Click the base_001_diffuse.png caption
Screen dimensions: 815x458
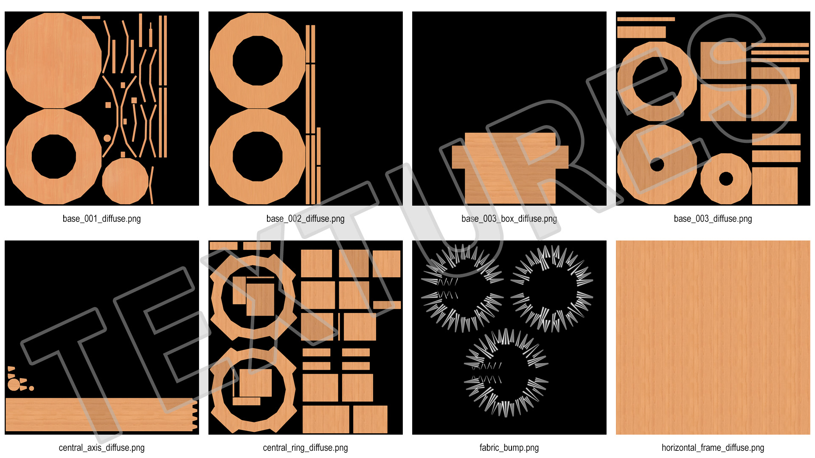102,219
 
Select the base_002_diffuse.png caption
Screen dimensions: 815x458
306,219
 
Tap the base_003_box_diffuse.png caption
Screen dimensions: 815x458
509,219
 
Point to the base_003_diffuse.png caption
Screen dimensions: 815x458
713,219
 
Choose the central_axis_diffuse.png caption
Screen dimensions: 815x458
102,448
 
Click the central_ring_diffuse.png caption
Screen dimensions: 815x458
306,448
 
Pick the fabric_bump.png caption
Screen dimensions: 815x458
509,448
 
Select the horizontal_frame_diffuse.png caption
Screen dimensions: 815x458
713,448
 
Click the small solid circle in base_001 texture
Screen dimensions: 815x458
107,138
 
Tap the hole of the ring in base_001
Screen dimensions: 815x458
54,156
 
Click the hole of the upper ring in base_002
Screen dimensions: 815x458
258,61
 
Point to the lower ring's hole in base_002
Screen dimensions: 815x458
258,156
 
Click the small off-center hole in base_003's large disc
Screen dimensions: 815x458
657,164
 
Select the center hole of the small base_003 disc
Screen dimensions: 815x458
726,179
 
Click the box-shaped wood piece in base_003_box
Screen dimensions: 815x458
510,168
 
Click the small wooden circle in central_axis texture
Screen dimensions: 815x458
14,385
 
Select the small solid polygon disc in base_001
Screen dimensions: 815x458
125,181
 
